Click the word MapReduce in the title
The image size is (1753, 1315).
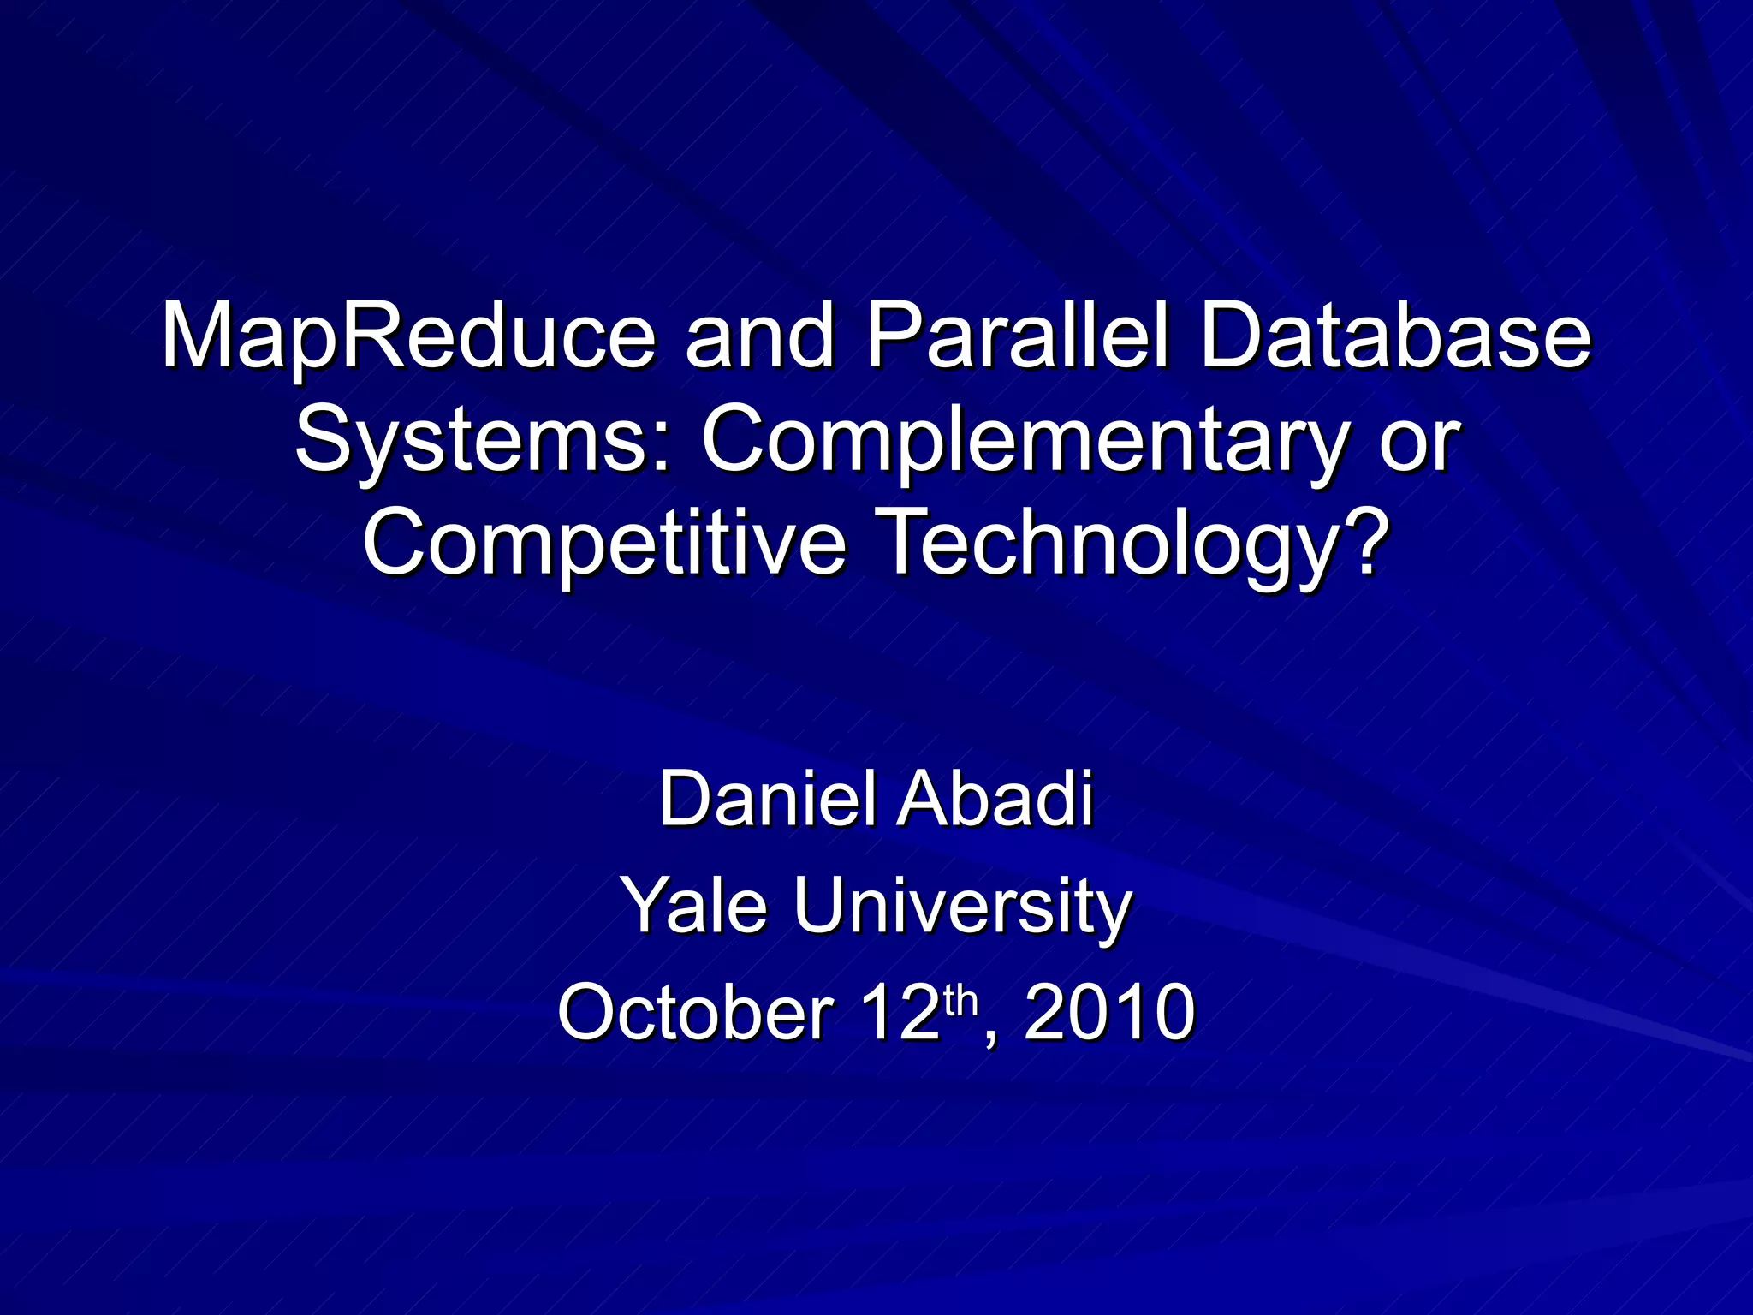point(409,335)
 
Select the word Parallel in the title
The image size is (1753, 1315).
point(1017,335)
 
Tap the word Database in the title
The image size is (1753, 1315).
point(1395,335)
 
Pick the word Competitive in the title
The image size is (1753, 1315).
point(605,543)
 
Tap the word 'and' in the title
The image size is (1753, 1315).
point(760,336)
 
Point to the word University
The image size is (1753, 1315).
point(962,906)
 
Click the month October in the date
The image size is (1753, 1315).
point(695,1012)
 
